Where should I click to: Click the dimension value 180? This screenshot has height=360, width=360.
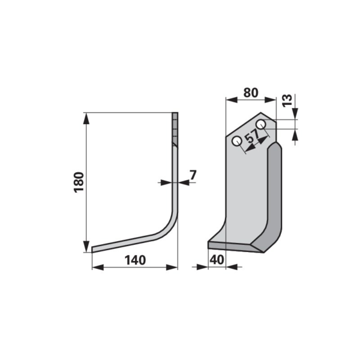coord(79,182)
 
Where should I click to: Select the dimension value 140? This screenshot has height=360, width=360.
coord(135,260)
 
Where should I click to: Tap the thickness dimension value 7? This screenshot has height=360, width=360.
coord(193,175)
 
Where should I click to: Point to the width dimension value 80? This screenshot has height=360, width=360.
coord(251,92)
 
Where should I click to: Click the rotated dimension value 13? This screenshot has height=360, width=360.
coord(287,100)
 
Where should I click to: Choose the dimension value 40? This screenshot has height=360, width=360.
coord(217,260)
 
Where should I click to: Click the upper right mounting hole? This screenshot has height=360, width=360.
coord(261,125)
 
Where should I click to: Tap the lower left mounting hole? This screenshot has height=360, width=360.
coord(237,141)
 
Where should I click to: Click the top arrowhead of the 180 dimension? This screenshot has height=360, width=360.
coord(86,118)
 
